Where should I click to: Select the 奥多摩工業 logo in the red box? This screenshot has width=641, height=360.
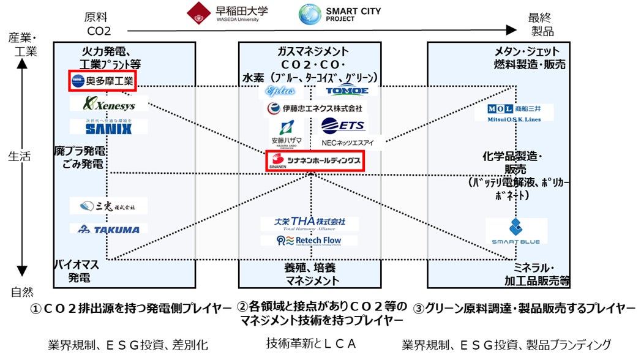pyautogui.click(x=102, y=80)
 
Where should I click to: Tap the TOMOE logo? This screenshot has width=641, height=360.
pyautogui.click(x=346, y=91)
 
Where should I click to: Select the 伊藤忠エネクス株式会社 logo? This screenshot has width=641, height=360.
pyautogui.click(x=314, y=108)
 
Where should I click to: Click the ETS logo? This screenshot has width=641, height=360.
pyautogui.click(x=343, y=126)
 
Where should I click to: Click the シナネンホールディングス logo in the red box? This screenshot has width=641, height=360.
pyautogui.click(x=314, y=161)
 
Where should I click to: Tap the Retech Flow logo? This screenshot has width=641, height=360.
pyautogui.click(x=309, y=240)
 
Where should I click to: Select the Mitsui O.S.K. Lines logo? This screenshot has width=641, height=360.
pyautogui.click(x=514, y=113)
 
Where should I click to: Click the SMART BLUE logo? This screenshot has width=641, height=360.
pyautogui.click(x=515, y=231)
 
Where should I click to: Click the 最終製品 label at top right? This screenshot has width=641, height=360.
pyautogui.click(x=540, y=25)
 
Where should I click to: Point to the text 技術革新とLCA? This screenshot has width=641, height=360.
pyautogui.click(x=311, y=343)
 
